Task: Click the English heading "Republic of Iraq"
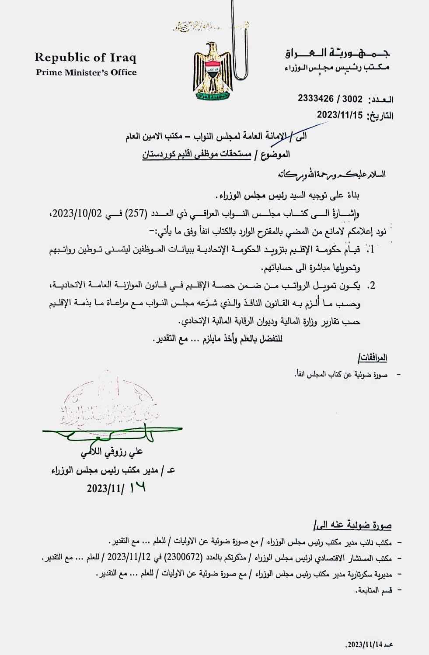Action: point(85,57)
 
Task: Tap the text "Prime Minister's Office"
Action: point(86,72)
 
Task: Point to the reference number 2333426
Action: point(316,99)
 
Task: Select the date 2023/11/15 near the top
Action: point(340,115)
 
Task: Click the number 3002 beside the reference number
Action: point(352,99)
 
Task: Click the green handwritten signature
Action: point(109,433)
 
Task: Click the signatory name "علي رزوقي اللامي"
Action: point(112,452)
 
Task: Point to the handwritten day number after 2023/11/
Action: point(137,487)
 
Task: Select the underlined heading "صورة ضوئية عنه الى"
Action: point(352,525)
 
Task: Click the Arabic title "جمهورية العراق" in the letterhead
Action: point(337,54)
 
